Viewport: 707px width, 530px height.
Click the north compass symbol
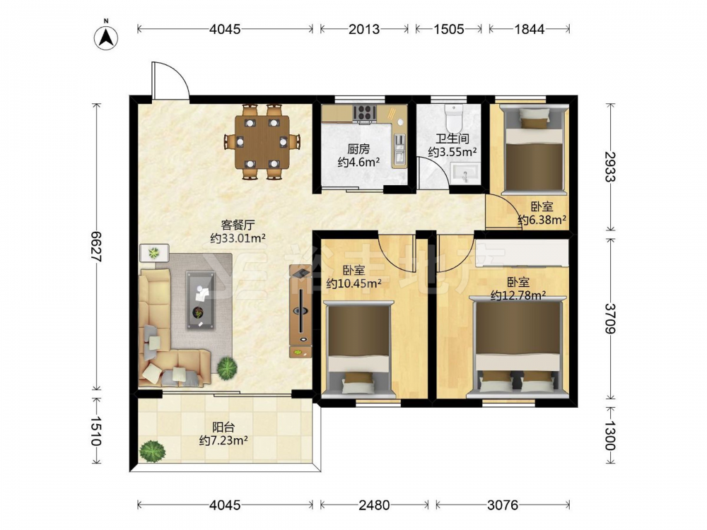point(106,37)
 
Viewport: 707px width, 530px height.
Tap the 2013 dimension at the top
point(364,29)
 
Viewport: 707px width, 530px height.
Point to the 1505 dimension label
point(448,29)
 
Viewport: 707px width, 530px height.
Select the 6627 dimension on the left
point(96,246)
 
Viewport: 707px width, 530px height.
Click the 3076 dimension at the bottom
point(502,505)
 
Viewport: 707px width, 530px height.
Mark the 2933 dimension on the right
point(609,166)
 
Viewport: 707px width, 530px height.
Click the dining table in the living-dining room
point(262,142)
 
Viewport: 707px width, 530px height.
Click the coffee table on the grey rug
point(201,300)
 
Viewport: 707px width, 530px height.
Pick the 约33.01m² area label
point(238,238)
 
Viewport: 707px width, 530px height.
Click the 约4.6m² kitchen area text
point(358,163)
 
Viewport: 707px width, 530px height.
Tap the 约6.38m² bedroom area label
point(542,220)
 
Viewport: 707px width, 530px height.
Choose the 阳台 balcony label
point(223,427)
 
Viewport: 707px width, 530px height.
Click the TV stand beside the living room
point(300,311)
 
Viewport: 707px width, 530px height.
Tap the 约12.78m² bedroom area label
point(518,295)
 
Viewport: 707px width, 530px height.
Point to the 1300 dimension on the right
point(609,436)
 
